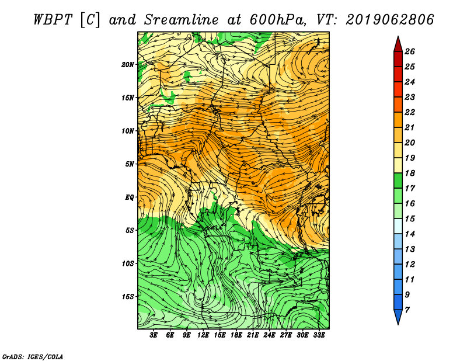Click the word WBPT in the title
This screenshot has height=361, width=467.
53,20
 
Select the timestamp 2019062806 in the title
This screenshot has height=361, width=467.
390,20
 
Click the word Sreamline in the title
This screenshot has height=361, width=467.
182,20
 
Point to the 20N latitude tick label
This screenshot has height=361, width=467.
128,65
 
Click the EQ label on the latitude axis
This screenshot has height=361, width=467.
130,197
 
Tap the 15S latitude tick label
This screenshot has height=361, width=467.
128,297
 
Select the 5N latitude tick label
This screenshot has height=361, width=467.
130,164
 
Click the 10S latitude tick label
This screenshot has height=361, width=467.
128,263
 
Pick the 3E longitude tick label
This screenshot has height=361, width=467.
154,335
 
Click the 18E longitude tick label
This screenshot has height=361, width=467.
236,335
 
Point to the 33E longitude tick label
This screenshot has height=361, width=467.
319,335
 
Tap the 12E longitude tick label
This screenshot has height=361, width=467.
203,335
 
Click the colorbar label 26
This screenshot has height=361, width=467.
410,51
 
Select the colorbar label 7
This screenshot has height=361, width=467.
407,310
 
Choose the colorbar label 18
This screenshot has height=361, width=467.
410,173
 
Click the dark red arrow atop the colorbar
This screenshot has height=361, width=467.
398,44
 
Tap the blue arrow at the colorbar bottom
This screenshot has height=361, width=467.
398,317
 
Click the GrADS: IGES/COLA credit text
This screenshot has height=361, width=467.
33,357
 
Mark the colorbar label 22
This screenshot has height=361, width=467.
410,112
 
